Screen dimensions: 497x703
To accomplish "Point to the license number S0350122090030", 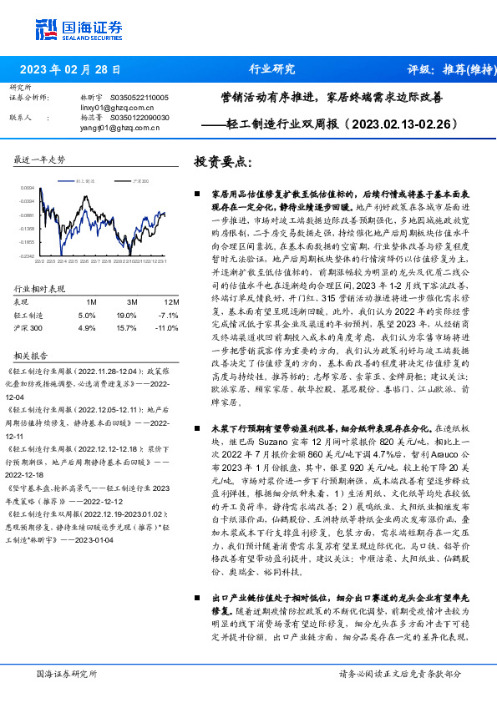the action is coord(139,118).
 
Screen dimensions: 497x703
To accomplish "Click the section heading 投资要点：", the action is coord(222,161).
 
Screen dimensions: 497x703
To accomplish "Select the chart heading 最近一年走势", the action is coord(40,159).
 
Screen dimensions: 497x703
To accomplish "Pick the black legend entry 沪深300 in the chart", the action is coord(139,180).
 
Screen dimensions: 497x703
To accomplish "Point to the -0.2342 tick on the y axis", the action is coord(27,256).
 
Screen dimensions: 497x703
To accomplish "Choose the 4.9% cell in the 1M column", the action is coord(87,329).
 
